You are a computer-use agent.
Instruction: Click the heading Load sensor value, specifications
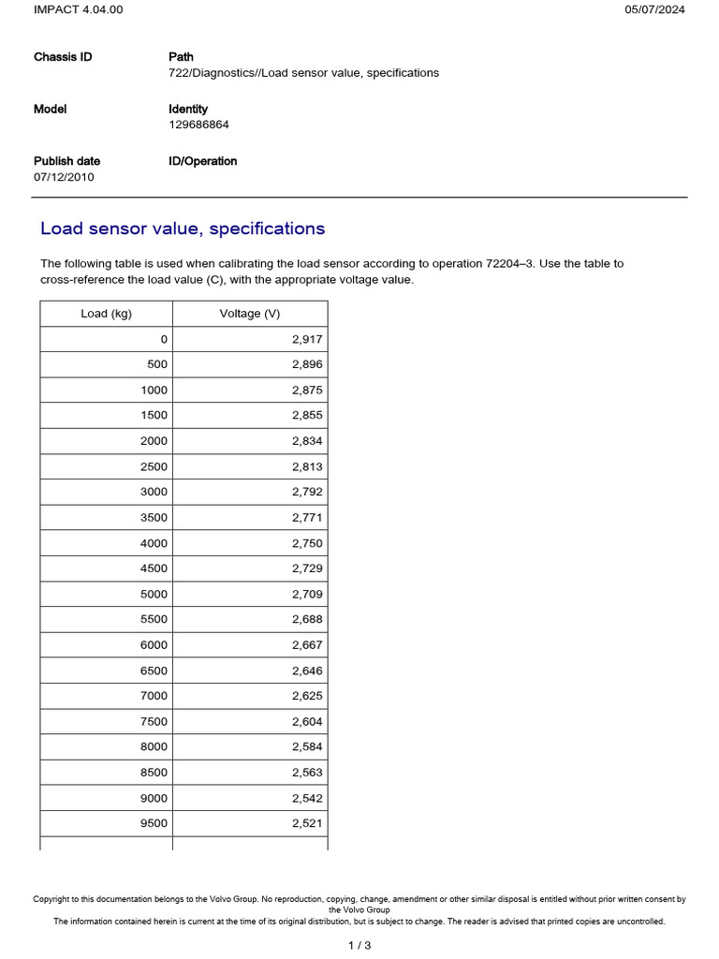[x=183, y=229]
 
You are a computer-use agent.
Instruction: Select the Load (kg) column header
[x=106, y=314]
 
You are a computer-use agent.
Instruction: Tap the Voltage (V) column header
[x=250, y=314]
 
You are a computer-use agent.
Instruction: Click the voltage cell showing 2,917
[x=307, y=339]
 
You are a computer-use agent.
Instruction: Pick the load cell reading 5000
[x=154, y=594]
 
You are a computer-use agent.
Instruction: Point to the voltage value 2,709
[x=307, y=594]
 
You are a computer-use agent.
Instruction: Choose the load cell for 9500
[x=154, y=823]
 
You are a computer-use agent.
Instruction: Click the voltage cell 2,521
[x=307, y=823]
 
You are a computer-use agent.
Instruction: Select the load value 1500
[x=154, y=415]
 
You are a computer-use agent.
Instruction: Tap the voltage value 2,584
[x=307, y=746]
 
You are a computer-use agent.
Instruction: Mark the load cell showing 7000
[x=154, y=696]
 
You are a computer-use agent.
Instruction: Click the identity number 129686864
[x=198, y=125]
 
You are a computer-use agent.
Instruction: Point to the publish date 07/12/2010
[x=64, y=177]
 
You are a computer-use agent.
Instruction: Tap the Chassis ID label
[x=63, y=57]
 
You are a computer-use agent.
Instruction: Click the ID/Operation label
[x=202, y=161]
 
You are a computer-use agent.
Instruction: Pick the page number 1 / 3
[x=359, y=945]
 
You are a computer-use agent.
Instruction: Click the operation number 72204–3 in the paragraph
[x=510, y=264]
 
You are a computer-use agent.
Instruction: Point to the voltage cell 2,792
[x=307, y=492]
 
